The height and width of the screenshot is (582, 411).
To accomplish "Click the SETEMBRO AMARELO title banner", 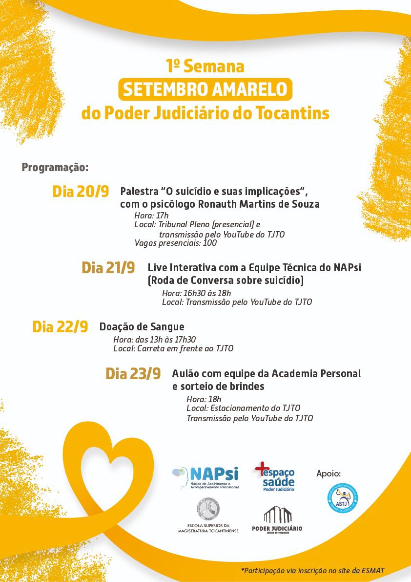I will (x=205, y=90).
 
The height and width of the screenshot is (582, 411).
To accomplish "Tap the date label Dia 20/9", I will (x=81, y=192).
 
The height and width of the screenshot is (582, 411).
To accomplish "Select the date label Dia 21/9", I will (x=108, y=268).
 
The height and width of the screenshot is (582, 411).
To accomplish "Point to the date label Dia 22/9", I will (x=60, y=327).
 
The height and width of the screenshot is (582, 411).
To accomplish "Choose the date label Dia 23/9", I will (x=133, y=374).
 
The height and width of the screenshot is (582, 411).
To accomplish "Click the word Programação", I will (x=55, y=168).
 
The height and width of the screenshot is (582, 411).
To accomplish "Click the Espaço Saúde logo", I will (x=275, y=476).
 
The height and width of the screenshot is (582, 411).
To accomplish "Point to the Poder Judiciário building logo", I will (x=277, y=520).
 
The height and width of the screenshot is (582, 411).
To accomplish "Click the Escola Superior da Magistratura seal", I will (x=208, y=510).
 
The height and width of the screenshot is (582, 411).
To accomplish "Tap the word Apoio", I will (x=329, y=474).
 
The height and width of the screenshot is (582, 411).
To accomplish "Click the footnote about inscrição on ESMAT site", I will (x=312, y=571).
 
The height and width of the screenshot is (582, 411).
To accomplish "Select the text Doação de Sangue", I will (x=142, y=327).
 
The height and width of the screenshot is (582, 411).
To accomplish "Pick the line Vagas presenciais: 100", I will (x=175, y=243).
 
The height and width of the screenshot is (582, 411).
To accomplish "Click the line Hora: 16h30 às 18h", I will (x=196, y=293).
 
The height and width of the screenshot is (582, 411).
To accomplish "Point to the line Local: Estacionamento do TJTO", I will (x=243, y=408).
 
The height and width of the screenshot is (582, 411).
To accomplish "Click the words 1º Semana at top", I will (x=205, y=66).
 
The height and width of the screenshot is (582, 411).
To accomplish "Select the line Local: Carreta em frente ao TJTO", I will (x=173, y=348).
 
